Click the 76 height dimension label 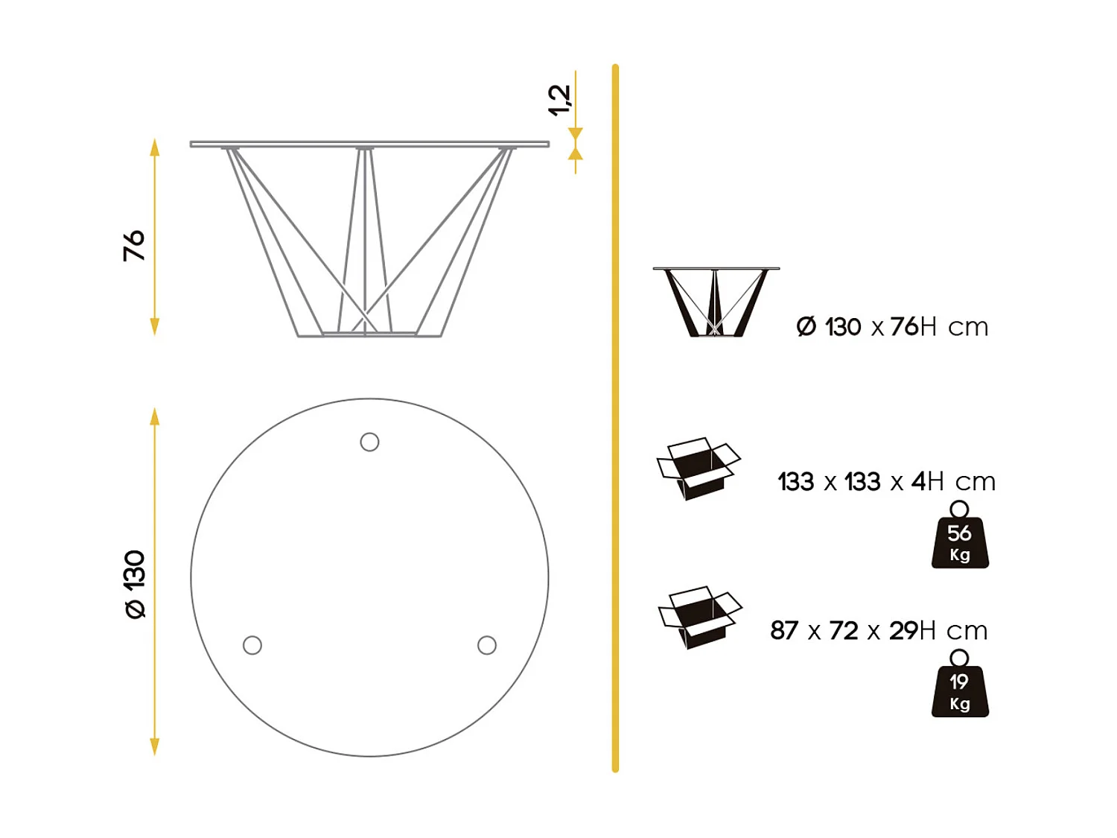pos(134,245)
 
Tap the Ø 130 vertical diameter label pos(135,584)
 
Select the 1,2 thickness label pos(559,101)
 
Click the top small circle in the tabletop pos(369,442)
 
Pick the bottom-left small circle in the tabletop pos(252,645)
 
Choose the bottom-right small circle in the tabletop pos(487,645)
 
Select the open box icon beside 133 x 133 pos(698,469)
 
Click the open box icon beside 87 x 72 pos(699,618)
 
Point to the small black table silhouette pos(716,302)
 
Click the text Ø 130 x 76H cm pos(892,327)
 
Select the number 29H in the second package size pos(912,631)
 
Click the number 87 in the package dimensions pos(784,631)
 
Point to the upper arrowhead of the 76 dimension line pos(155,146)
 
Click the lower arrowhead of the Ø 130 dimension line pos(155,747)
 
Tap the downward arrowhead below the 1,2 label pos(576,134)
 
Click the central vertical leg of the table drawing pos(365,238)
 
